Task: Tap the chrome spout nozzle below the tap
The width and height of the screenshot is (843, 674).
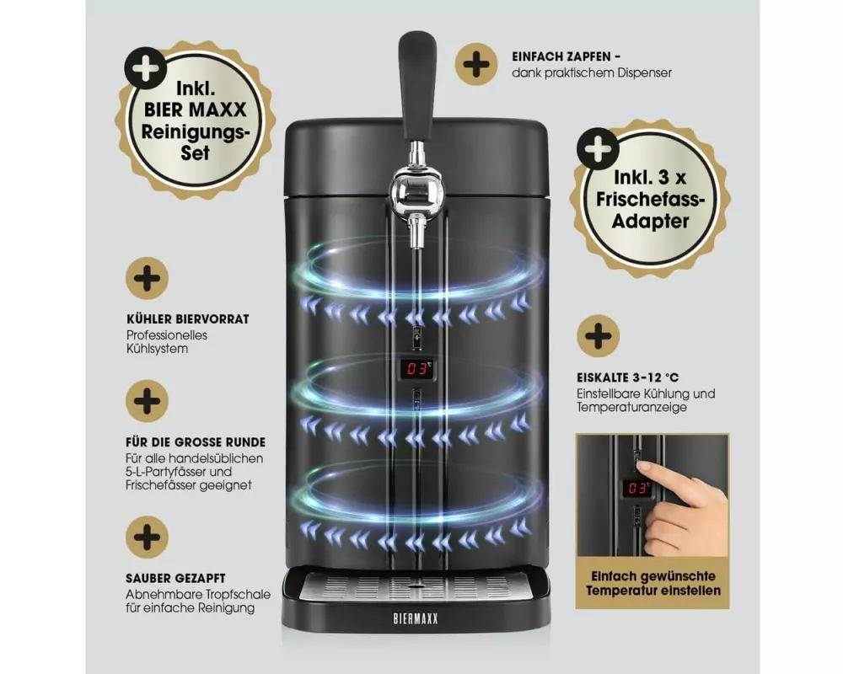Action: point(415,231)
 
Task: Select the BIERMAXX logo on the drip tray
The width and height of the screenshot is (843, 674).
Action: point(416,618)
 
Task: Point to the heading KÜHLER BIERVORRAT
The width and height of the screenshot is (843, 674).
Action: point(188,319)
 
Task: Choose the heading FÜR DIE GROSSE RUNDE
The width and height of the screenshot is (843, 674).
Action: point(196,442)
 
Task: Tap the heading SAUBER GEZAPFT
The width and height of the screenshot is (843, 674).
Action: point(176,578)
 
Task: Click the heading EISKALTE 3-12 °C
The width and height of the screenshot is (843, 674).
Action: point(628,377)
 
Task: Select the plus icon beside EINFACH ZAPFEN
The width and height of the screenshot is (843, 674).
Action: point(476,65)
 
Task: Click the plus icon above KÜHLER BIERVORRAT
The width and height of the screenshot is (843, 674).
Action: point(148,278)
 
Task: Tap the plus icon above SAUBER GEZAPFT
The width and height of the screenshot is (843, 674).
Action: point(148,537)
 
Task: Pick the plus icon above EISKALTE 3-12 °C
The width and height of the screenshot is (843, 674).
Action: point(599,336)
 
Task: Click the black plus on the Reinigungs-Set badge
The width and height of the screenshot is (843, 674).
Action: point(146,67)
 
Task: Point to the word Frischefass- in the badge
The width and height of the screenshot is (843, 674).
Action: point(650,200)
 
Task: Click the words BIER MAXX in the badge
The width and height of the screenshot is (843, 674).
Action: point(196,110)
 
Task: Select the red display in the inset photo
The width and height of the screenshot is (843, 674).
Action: point(637,488)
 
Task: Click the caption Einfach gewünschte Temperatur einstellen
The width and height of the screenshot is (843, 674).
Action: point(653,584)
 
